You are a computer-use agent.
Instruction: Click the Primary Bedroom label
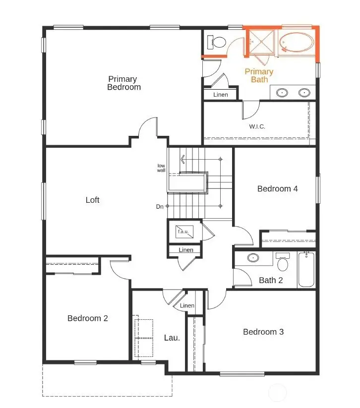(x=124, y=83)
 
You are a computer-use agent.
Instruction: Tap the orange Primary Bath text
(x=259, y=75)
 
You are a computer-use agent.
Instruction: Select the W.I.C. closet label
(x=257, y=126)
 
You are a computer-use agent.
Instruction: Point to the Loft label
(x=92, y=200)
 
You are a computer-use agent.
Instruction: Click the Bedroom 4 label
(x=277, y=188)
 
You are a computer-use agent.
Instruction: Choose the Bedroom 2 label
(x=87, y=318)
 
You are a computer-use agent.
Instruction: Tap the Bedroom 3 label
(x=263, y=332)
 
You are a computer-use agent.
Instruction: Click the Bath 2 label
(x=271, y=281)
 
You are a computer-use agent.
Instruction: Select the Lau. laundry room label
(x=172, y=338)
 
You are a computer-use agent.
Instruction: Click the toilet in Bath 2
(x=283, y=262)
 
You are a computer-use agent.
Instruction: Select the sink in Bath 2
(x=253, y=258)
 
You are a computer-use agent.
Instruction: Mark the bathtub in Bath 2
(x=306, y=270)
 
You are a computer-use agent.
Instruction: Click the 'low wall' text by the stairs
(x=161, y=168)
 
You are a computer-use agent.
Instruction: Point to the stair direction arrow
(x=183, y=159)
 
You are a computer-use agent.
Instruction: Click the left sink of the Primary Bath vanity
(x=283, y=92)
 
